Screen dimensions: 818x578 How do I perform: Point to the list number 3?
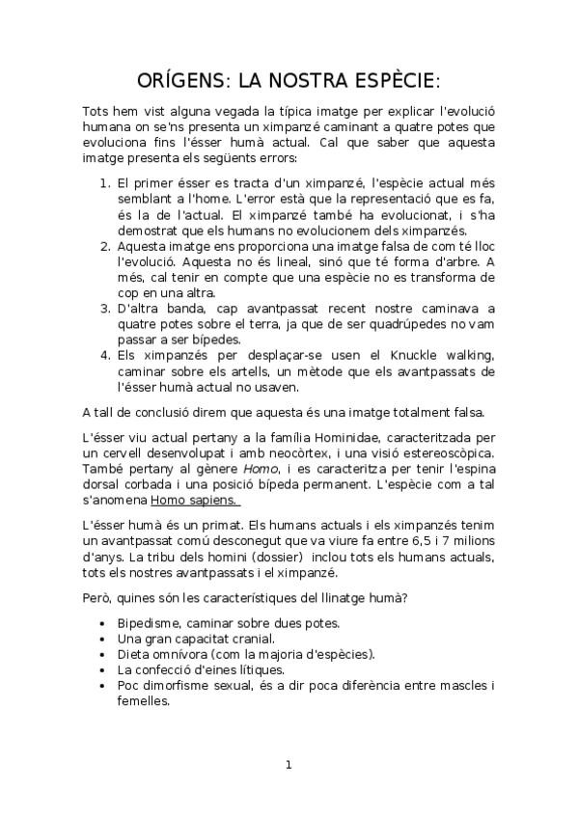click(x=105, y=308)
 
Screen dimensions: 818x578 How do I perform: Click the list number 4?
click(x=105, y=354)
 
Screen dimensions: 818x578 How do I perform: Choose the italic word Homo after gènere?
click(x=254, y=469)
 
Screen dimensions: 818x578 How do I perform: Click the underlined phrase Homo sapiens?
click(x=195, y=501)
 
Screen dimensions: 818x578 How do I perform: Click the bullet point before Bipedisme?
click(x=102, y=624)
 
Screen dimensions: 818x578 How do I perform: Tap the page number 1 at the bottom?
click(x=288, y=765)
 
